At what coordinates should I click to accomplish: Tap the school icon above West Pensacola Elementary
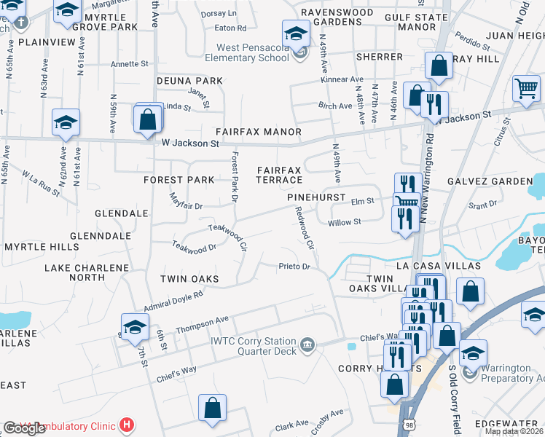[295, 34]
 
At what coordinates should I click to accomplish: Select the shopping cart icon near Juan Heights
[525, 89]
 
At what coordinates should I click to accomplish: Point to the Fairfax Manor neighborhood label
[258, 132]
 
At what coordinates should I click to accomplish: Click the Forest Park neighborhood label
[179, 180]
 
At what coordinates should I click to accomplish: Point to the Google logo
[24, 428]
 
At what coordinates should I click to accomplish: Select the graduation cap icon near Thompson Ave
[134, 328]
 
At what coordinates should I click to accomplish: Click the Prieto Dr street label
[294, 267]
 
